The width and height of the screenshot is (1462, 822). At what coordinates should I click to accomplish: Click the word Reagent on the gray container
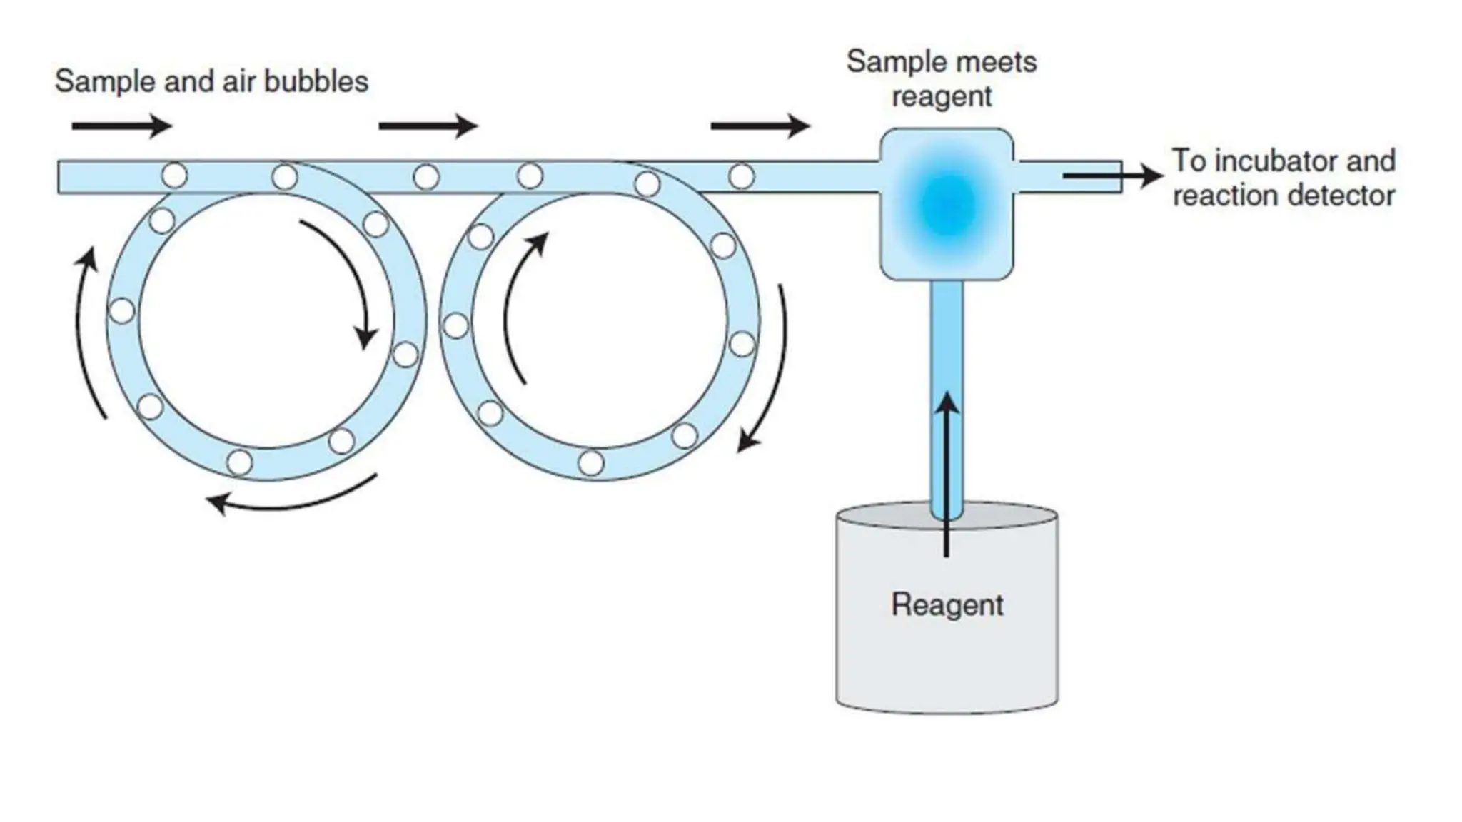pos(947,605)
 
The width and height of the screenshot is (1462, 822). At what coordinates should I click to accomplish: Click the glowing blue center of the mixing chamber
pos(947,205)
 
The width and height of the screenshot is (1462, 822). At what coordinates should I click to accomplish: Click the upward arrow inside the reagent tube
pos(947,471)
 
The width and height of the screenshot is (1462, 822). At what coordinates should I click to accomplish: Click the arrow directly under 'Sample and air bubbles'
pos(122,127)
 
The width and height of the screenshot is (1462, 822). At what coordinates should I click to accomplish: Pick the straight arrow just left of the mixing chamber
pos(760,127)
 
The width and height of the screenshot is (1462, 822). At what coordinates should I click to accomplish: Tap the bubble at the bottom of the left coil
pos(239,462)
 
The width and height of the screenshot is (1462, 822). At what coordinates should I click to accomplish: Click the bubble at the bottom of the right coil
pos(590,462)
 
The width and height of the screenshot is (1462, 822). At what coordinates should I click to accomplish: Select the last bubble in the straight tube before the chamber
pos(741,176)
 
